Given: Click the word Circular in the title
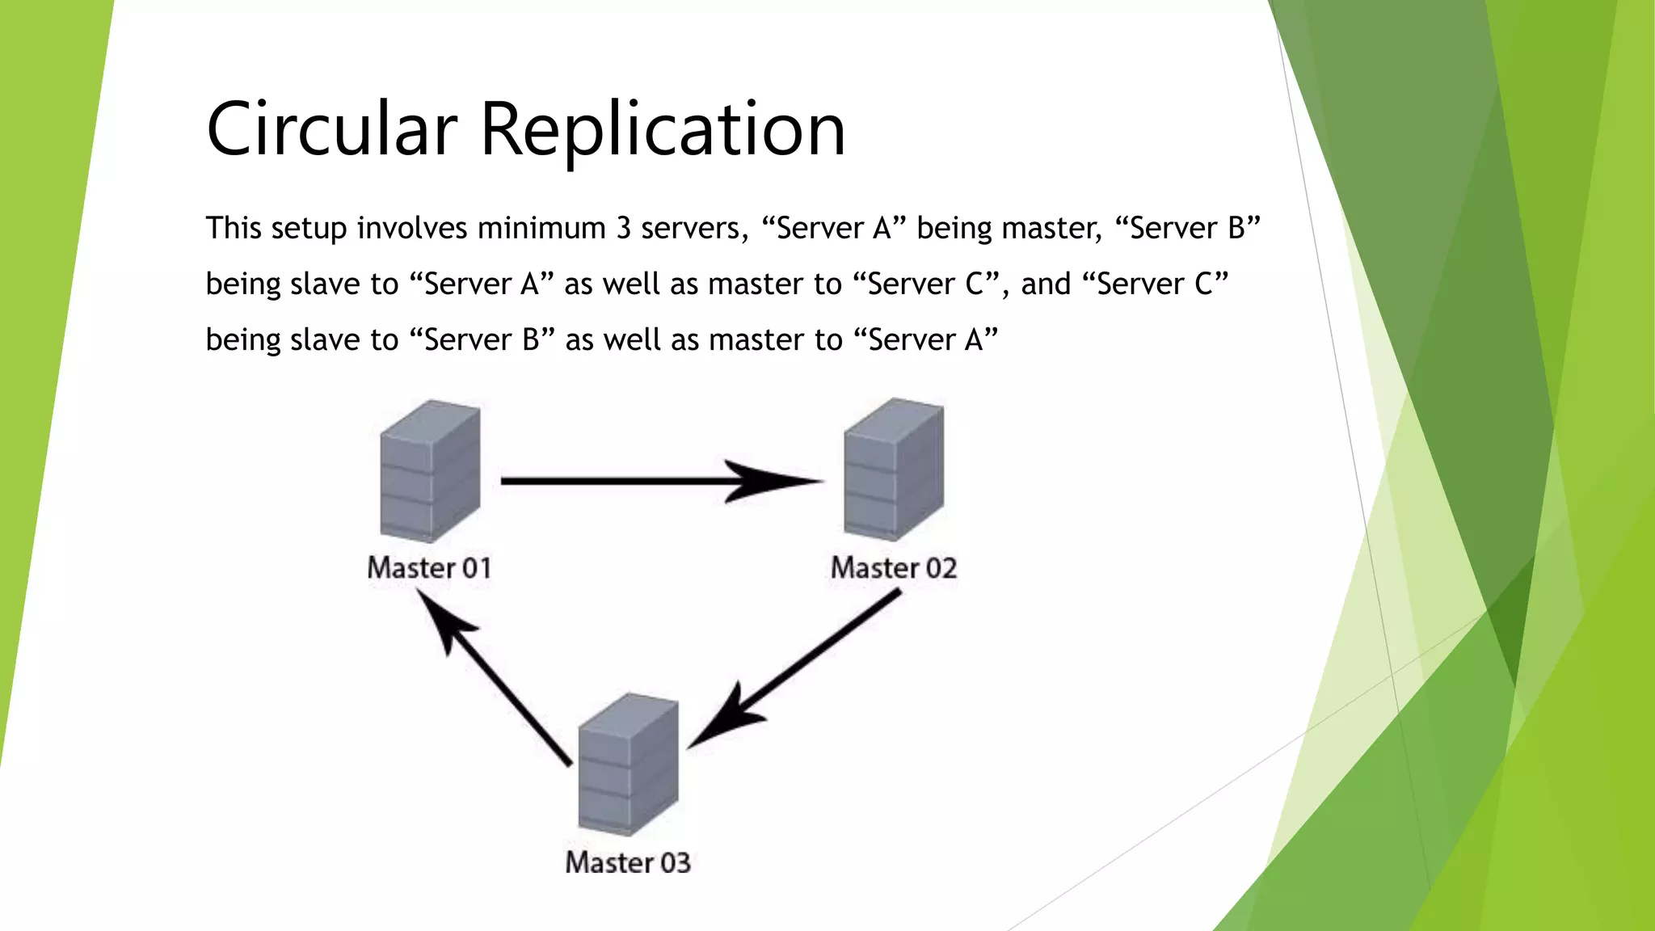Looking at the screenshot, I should point(331,129).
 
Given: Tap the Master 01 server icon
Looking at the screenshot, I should point(430,470).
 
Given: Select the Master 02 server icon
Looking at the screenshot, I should point(894,469).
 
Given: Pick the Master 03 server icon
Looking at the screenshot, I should point(628,764).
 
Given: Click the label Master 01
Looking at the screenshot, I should point(429,568).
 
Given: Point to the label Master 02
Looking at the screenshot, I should point(894,568).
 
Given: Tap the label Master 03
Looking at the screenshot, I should point(628,863).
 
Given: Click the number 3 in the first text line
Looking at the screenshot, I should point(623,229).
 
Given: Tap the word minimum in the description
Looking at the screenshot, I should point(541,229).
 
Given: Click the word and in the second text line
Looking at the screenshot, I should point(1046,284).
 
